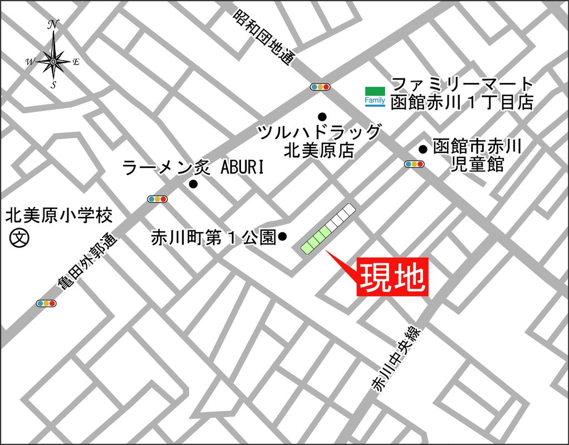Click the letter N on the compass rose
pos(54,24)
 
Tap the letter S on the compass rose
pos(53,85)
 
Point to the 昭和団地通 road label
pos(263,37)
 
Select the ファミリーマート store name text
pos(462,85)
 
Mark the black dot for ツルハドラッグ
pos(322,116)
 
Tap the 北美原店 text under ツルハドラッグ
pos(319,150)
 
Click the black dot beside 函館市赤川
pos(423,149)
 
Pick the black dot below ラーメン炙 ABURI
pos(193,184)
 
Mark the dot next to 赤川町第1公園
pos(282,237)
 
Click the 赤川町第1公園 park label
pos(214,238)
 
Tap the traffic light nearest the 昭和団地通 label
pos(320,87)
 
